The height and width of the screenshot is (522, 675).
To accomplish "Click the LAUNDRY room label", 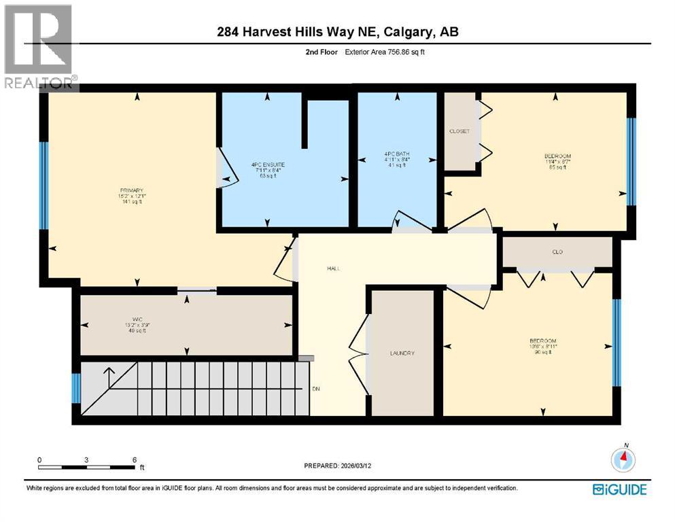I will point(402,353).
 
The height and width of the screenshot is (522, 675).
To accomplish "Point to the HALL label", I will point(333,268).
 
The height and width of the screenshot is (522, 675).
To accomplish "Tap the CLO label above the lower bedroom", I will point(557,252).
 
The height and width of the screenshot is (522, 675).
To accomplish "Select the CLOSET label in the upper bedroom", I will point(459,131).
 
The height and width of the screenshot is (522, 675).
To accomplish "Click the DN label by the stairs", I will point(316,389).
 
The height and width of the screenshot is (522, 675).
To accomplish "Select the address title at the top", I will point(337,32).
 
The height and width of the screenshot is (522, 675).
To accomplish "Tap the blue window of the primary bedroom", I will point(44,185).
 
